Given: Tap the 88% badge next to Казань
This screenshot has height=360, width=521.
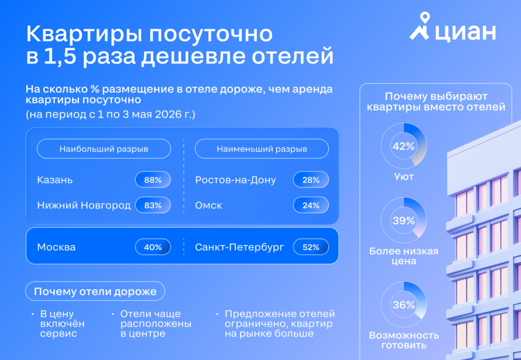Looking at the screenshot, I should (153, 180).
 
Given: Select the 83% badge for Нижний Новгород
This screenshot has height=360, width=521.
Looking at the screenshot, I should (153, 205).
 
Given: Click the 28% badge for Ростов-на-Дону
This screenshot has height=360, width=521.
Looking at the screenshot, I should (311, 180).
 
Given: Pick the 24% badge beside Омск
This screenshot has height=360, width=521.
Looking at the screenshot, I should (311, 205).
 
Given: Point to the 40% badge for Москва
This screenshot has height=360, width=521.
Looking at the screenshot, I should (153, 247).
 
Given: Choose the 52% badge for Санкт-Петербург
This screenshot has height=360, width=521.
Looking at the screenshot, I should (311, 247).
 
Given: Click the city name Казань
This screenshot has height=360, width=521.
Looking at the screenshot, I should (54, 180).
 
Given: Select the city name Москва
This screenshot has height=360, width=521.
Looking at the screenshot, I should (56, 247).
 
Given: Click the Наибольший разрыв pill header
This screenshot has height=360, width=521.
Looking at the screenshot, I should (103, 149).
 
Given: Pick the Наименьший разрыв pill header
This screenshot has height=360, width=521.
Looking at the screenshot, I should (261, 149).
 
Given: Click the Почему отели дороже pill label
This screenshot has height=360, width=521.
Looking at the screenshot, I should (95, 291).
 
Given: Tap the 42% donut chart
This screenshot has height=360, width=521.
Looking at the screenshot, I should (403, 146).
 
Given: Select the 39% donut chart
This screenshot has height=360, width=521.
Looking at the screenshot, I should (403, 221).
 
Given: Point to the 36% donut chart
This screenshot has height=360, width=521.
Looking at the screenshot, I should (403, 304).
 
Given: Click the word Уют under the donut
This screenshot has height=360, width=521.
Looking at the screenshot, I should (403, 177).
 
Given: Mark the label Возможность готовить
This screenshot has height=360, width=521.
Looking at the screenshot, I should (403, 340).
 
